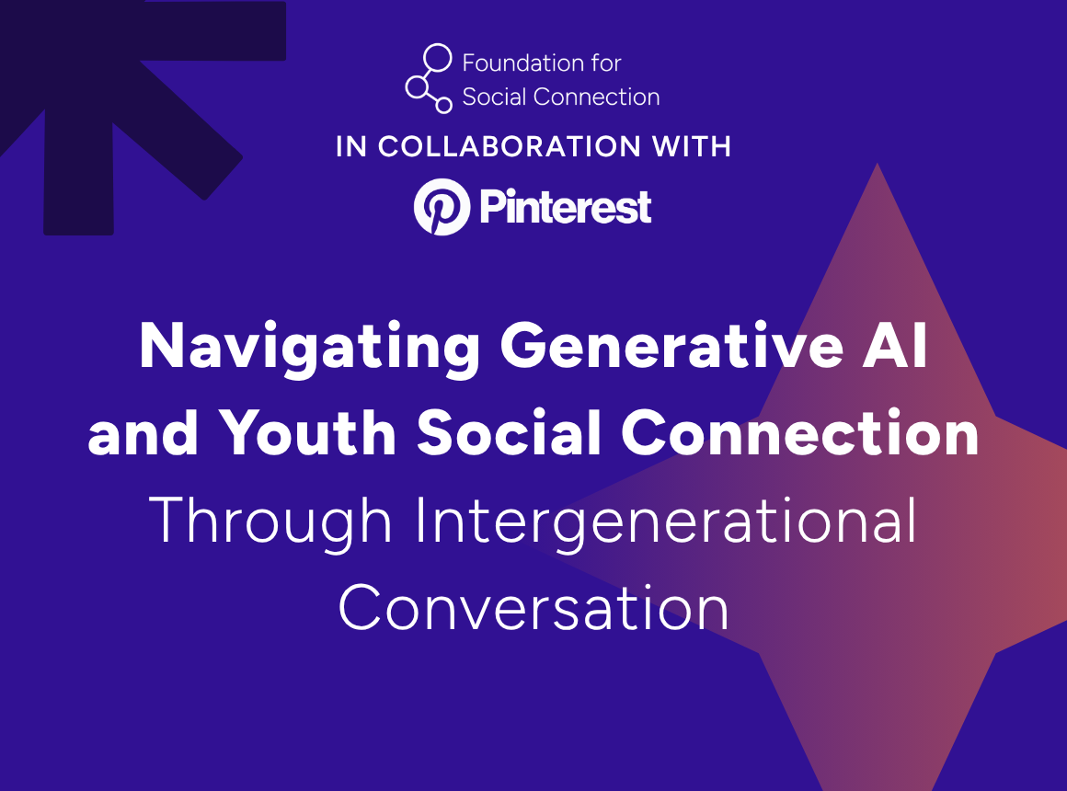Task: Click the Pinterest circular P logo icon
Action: [442, 207]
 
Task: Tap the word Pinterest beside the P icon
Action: [566, 206]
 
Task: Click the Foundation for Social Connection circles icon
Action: [429, 78]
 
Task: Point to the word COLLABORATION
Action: [510, 146]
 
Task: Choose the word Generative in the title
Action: [672, 346]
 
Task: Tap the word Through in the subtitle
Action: [270, 522]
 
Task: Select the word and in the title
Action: [143, 432]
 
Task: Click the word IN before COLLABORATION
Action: [351, 146]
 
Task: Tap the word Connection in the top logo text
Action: [597, 97]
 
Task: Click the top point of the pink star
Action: [878, 164]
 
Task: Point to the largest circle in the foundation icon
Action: [438, 58]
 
